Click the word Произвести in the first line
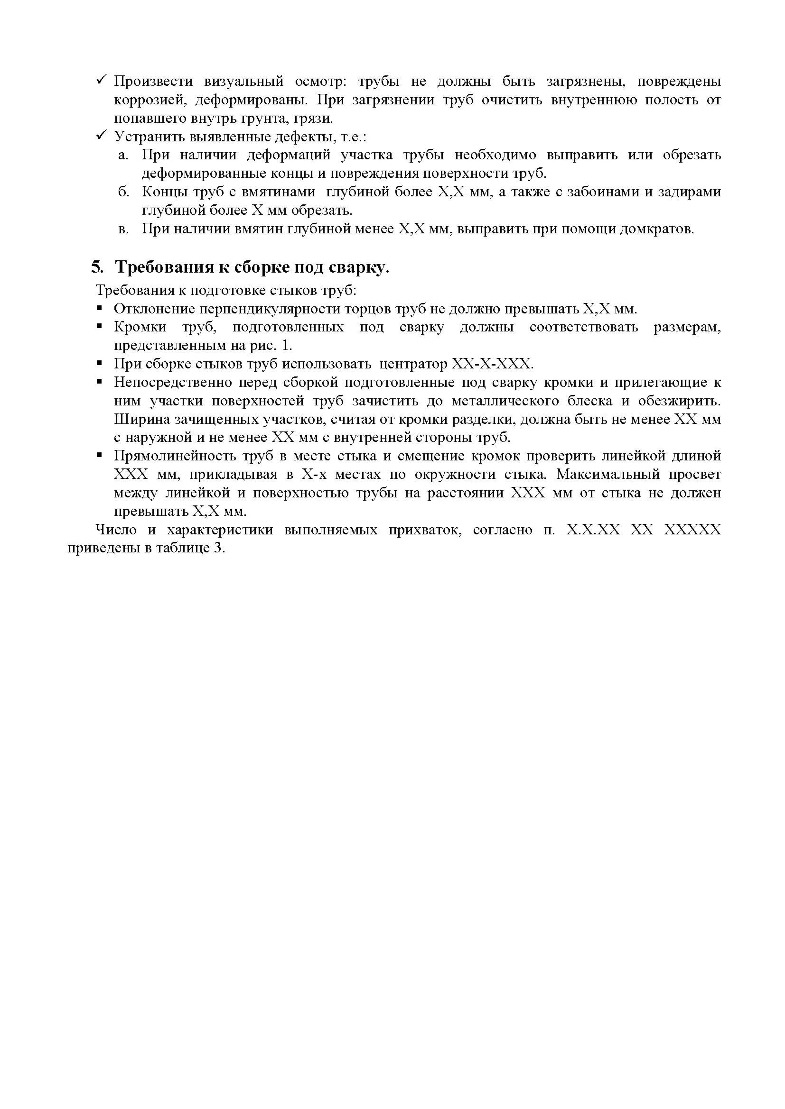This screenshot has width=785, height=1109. pyautogui.click(x=153, y=82)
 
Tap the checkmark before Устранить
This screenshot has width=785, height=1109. pyautogui.click(x=102, y=136)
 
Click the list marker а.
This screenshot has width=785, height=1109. pyautogui.click(x=123, y=156)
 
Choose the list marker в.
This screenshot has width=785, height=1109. pyautogui.click(x=123, y=229)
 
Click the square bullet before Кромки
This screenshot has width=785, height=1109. pyautogui.click(x=99, y=327)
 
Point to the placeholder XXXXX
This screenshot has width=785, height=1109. pyautogui.click(x=692, y=530)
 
